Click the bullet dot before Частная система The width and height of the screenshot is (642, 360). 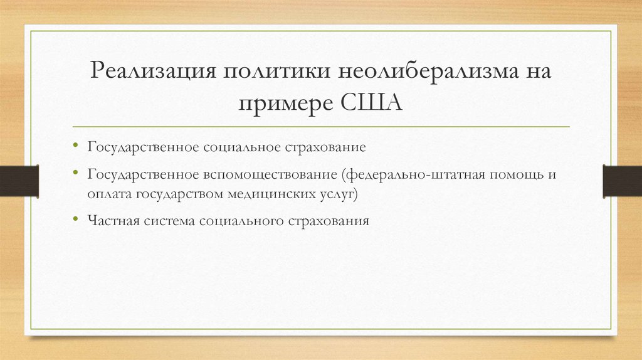[75, 221]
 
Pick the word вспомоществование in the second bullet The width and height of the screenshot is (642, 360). [270, 174]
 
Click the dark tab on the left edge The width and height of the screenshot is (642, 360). [19, 180]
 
